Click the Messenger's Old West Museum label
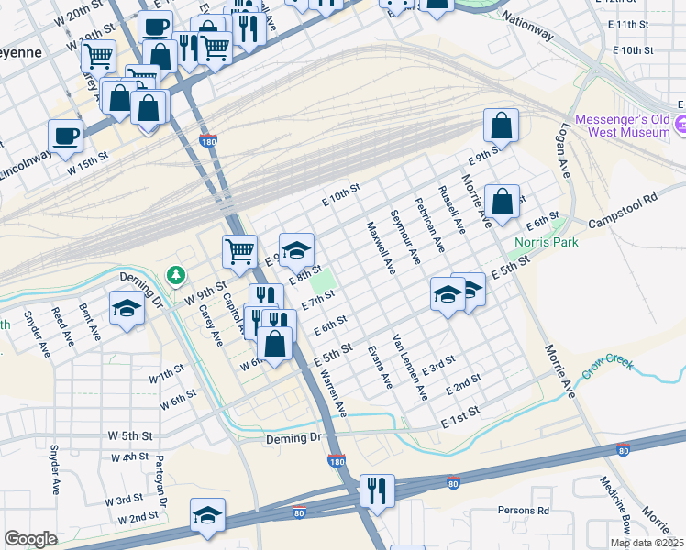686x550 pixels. pos(622,126)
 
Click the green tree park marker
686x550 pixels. pos(174,274)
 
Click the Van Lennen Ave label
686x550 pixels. pos(410,367)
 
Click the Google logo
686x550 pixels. pos(30,539)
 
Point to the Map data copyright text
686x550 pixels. pos(647,543)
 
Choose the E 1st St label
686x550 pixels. pos(459,416)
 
